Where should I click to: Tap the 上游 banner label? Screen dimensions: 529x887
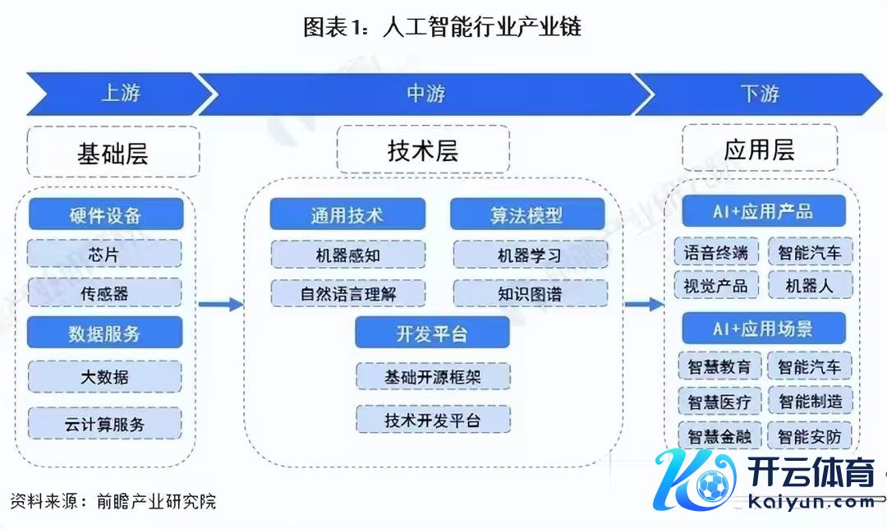[120, 93]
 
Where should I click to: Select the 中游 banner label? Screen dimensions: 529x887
[425, 94]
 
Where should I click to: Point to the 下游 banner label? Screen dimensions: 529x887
[759, 94]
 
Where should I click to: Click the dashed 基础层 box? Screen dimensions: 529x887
[113, 153]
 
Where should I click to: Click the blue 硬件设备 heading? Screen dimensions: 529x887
[105, 215]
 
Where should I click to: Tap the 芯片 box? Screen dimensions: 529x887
[105, 254]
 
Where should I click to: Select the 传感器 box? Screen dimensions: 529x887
[105, 292]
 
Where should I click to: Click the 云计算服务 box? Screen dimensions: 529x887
[105, 424]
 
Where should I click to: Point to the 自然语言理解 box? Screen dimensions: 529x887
[348, 293]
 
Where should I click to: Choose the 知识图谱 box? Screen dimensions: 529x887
[530, 293]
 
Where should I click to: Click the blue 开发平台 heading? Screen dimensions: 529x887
[432, 333]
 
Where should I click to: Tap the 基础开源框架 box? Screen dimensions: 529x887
[433, 377]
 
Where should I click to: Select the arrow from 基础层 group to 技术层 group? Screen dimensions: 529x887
[221, 305]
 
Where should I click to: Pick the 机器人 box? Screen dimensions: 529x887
[810, 285]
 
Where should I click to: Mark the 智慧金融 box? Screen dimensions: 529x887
[719, 435]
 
